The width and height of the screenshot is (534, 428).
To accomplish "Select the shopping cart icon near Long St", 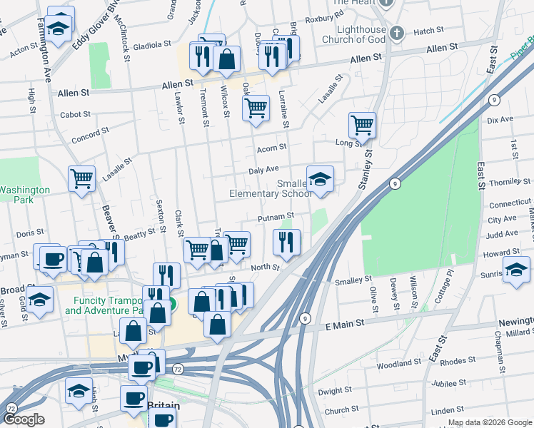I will click(362, 126).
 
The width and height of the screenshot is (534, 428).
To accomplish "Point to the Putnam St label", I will click(276, 216).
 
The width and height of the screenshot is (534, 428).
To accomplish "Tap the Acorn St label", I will click(271, 148).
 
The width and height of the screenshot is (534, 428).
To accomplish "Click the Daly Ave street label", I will click(263, 170).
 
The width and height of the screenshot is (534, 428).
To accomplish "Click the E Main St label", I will click(345, 323).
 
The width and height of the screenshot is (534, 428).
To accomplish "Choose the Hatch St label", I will click(428, 31).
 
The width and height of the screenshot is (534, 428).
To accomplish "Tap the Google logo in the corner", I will click(24, 419).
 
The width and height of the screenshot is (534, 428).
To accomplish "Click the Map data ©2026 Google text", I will click(489, 422).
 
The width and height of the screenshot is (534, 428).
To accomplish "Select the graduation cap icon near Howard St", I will click(516, 270).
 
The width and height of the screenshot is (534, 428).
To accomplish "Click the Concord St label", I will click(89, 133).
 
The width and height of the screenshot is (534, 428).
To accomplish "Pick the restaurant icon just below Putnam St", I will click(287, 242).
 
